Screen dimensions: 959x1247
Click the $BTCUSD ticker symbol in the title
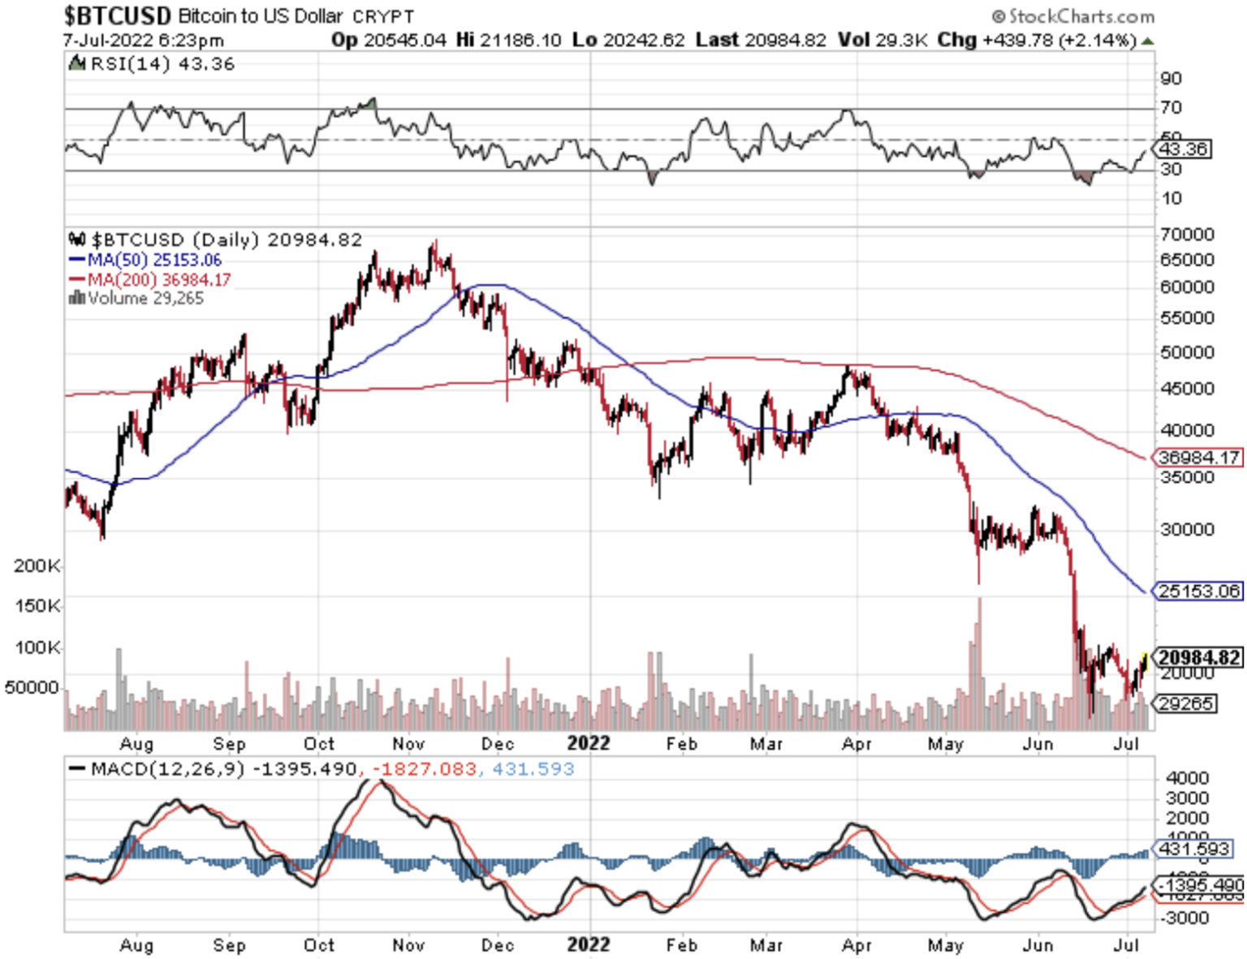click(117, 15)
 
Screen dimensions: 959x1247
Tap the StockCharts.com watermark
click(1073, 16)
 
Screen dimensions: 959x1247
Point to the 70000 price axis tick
click(1186, 234)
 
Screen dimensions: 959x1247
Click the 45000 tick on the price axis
click(1186, 389)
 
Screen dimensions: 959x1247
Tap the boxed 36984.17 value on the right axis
click(1198, 458)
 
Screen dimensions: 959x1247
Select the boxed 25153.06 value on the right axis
click(1198, 591)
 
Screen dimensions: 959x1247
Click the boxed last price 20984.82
click(1198, 657)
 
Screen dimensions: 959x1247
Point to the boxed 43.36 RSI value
click(1184, 149)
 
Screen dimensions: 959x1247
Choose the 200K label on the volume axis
click(37, 566)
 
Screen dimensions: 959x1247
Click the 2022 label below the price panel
click(588, 743)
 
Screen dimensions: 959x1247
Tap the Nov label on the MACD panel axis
click(408, 945)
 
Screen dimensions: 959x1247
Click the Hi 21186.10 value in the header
click(508, 40)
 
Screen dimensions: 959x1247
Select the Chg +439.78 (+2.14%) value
click(1037, 40)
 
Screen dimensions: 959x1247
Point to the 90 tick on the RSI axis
click(1171, 79)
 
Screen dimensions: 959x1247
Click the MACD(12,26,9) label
click(167, 769)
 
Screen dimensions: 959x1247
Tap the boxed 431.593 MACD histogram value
click(1193, 849)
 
